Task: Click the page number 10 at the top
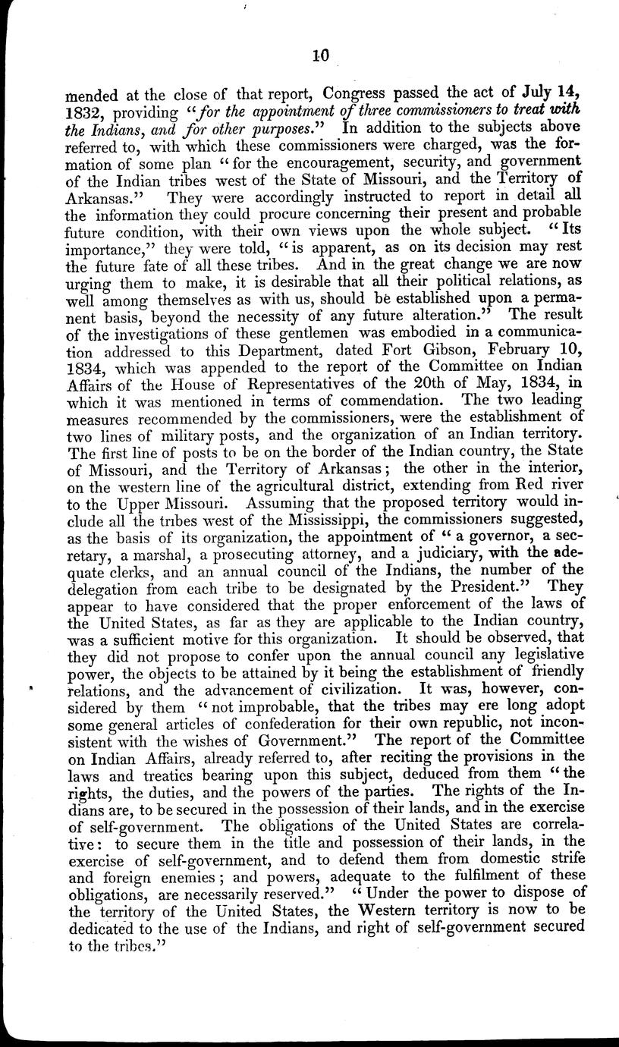point(319,54)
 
